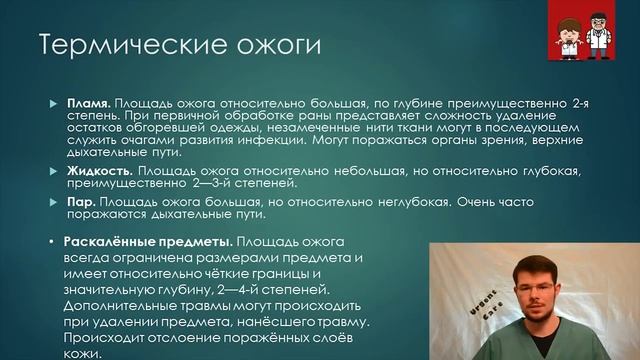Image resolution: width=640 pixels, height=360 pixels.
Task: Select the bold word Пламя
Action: pos(88,103)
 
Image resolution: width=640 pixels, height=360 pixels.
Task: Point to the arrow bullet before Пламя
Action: pos(55,104)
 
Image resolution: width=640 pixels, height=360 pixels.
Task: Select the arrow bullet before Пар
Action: pos(55,203)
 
